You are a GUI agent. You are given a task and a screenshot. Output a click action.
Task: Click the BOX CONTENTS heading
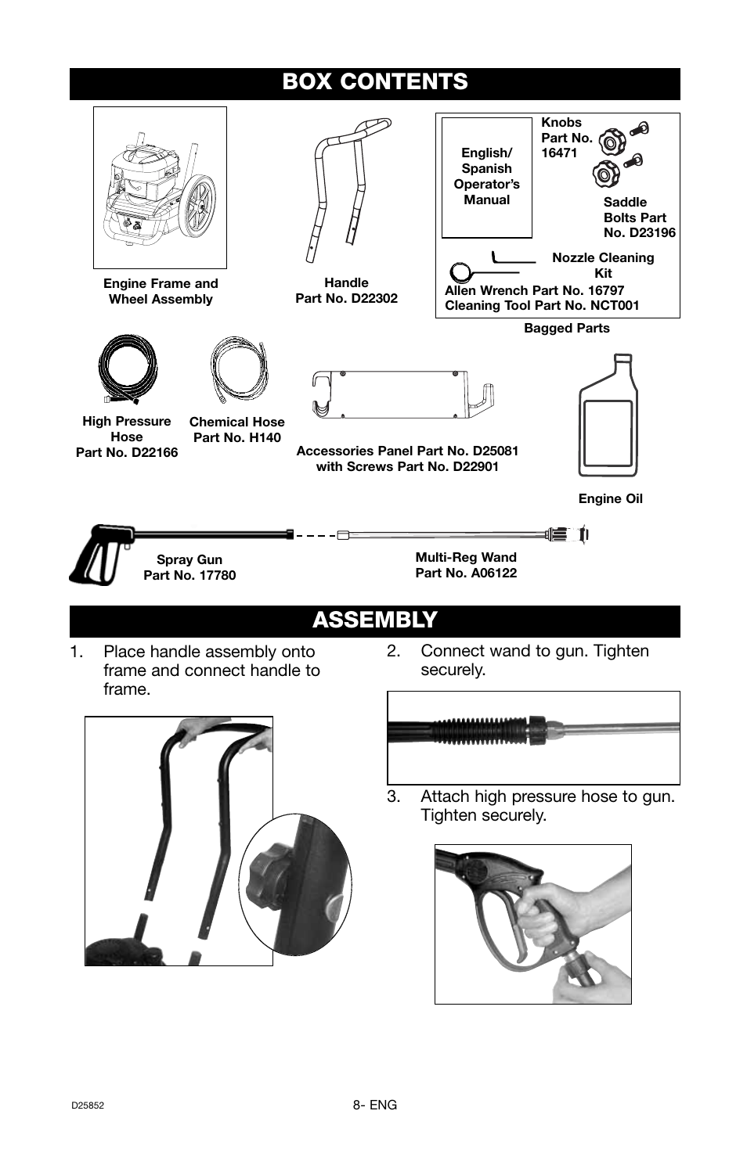pos(375,82)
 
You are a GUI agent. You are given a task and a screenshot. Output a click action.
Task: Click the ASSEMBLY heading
pos(374,620)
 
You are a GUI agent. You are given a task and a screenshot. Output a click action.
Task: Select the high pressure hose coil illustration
pos(128,368)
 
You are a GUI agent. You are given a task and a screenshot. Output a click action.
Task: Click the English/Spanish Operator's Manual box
pos(486,177)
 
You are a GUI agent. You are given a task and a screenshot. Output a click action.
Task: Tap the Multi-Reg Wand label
pos(465,558)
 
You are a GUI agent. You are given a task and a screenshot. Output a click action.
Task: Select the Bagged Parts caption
pos(566,329)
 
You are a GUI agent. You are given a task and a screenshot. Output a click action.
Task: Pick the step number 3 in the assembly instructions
pos(393,796)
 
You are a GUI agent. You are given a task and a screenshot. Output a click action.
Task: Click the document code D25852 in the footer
pos(88,1106)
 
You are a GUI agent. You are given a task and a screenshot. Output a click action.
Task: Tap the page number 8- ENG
pos(374,1105)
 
